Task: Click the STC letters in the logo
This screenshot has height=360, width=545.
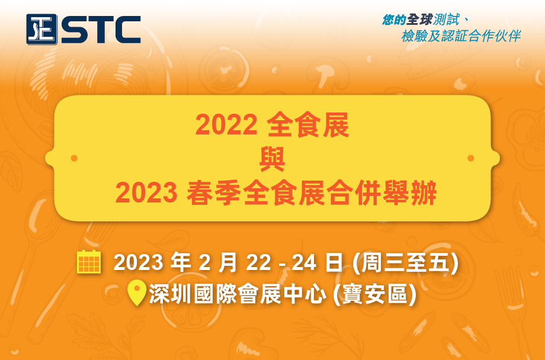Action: [x=101, y=30]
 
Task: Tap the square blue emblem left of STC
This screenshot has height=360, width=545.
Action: [x=41, y=29]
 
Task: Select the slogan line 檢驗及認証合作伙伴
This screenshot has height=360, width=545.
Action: [x=461, y=36]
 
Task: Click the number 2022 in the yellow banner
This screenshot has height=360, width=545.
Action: [x=226, y=125]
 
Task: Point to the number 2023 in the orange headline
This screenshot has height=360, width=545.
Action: [x=146, y=193]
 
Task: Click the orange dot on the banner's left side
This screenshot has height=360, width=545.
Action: [x=74, y=159]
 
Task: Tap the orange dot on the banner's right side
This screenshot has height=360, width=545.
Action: [x=471, y=159]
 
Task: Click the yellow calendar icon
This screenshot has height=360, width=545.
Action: [x=89, y=262]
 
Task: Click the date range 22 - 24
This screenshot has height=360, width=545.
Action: [x=281, y=263]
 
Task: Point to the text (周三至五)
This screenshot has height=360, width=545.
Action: [x=405, y=263]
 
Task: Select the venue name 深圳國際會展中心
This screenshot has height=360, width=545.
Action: [x=238, y=295]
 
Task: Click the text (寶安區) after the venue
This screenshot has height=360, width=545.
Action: [x=374, y=295]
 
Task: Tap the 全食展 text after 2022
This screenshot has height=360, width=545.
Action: [x=308, y=125]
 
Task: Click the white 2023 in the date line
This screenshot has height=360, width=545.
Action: [x=139, y=263]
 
